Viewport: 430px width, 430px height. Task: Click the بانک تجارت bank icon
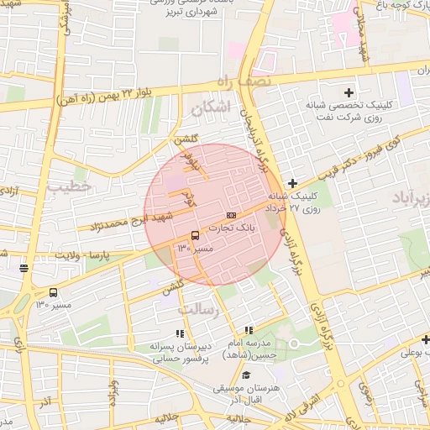pos(232,216)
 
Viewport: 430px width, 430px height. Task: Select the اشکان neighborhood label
pos(210,108)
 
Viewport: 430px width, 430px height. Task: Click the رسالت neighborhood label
pos(198,309)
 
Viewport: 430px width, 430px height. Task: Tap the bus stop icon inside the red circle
pos(195,235)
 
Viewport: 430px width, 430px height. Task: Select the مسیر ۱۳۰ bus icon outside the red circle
pos(54,292)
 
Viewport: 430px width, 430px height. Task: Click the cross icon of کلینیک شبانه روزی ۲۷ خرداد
pos(291,183)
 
